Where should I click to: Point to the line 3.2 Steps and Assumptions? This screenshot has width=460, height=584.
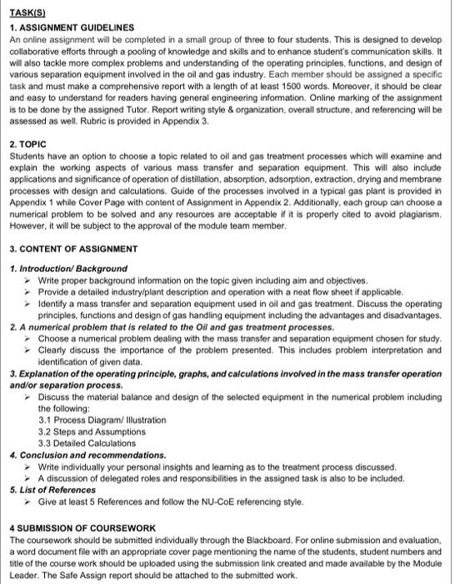[92, 431]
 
